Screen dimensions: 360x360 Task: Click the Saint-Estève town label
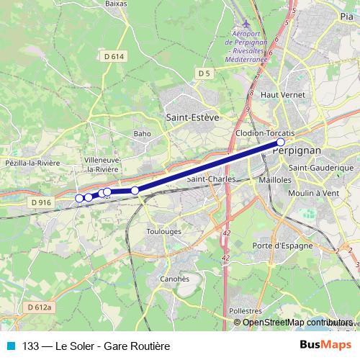point(192,117)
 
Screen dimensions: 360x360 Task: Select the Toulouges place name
point(163,232)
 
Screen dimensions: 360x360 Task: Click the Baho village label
point(142,133)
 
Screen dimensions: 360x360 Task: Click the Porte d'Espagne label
point(283,246)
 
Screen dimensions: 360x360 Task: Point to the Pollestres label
point(246,310)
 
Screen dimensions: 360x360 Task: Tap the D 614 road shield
point(114,55)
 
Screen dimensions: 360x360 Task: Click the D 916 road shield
point(41,203)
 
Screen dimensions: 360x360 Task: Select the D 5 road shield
point(204,73)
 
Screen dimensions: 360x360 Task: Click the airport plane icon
point(246,24)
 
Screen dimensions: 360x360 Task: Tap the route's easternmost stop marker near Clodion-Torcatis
point(281,143)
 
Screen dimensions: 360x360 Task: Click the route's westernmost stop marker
point(79,198)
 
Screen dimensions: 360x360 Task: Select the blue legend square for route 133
point(11,345)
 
